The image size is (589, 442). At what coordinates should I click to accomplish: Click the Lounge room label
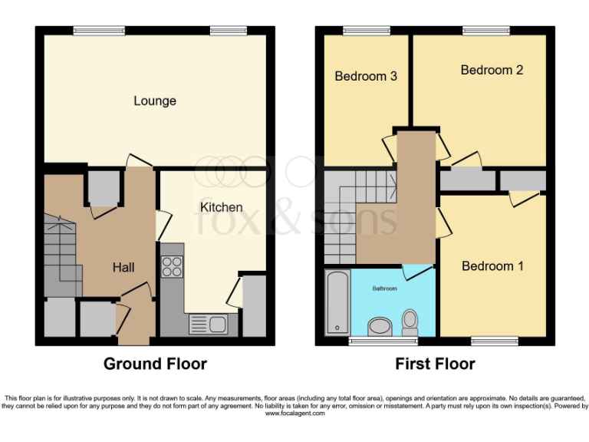pos(155,101)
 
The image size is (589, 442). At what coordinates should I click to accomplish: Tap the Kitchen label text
pos(222,207)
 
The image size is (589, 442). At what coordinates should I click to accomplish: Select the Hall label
pos(123,267)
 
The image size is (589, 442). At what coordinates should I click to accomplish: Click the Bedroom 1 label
pos(492,266)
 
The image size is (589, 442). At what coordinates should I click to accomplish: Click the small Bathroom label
pos(385,289)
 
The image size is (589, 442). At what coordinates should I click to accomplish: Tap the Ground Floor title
pos(155,364)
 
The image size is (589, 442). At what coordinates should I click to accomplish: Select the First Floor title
pos(435,364)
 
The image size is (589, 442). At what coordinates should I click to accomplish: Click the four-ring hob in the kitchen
pos(172,266)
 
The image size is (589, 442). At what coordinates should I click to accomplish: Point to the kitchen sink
pos(206,324)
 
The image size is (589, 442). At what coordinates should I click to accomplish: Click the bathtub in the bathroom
pos(336,302)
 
